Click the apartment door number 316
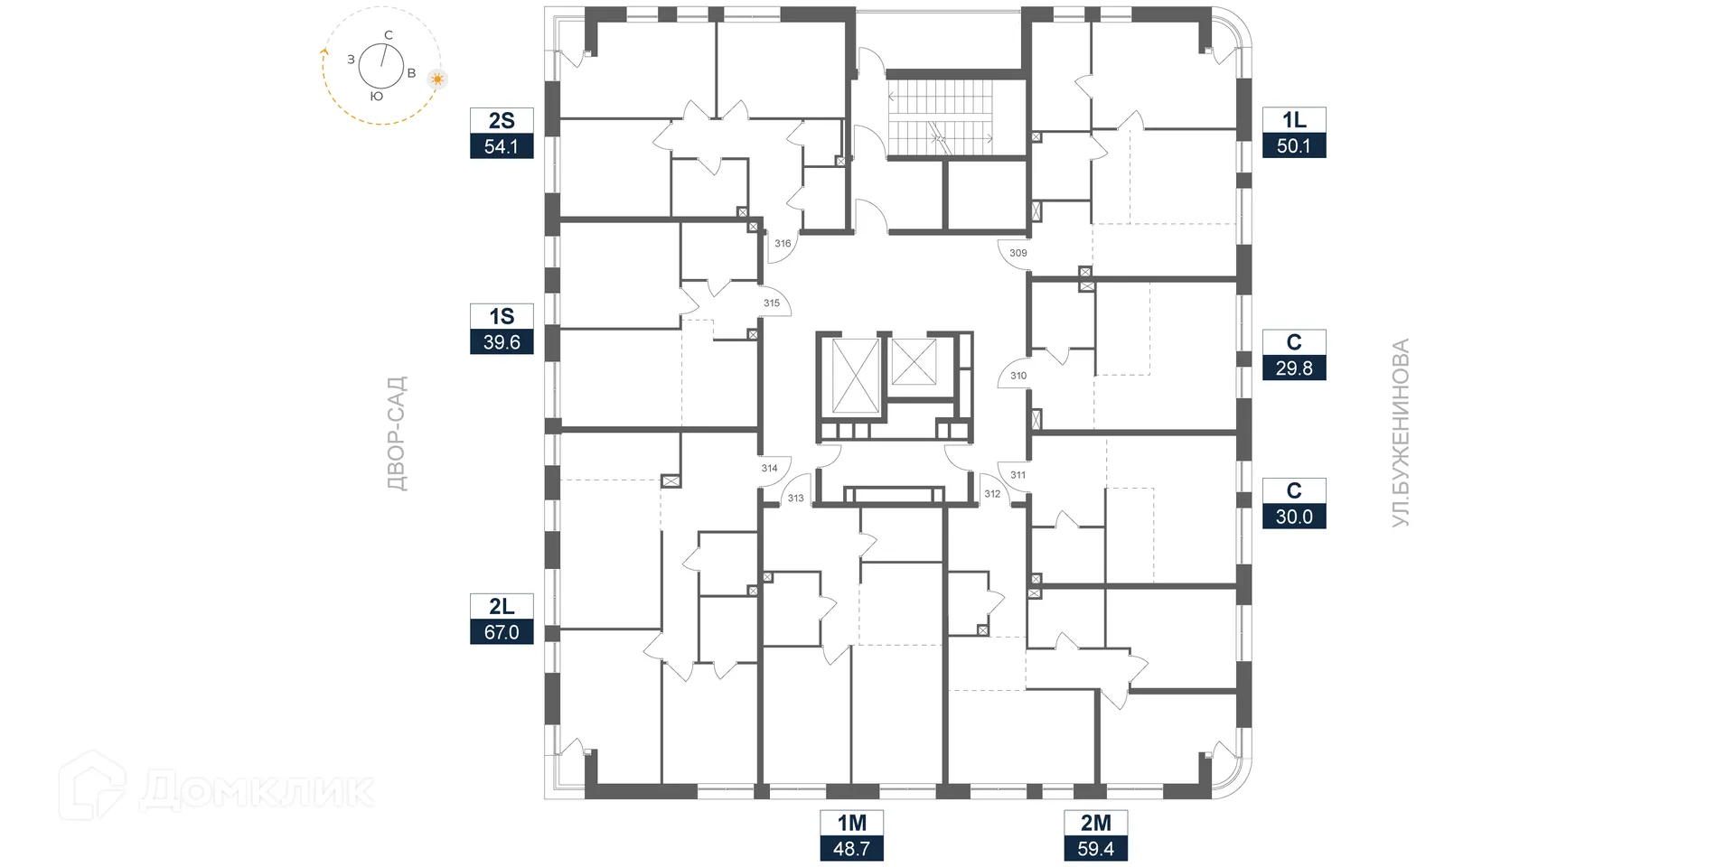tap(783, 244)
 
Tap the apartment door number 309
tap(1018, 253)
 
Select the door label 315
tap(771, 303)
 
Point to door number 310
tap(1018, 376)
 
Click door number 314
tap(769, 468)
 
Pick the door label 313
tap(795, 499)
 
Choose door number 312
tap(992, 494)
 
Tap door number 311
tap(1018, 475)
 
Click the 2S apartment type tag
tap(502, 121)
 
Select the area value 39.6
tap(502, 342)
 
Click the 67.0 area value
tap(502, 632)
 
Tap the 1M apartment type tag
tap(851, 823)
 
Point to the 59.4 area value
tap(1095, 849)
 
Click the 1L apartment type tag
tap(1294, 120)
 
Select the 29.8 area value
tap(1294, 368)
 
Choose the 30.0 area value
tap(1294, 517)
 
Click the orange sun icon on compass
tap(438, 79)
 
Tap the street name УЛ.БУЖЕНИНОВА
tap(1400, 433)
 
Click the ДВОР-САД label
tap(397, 433)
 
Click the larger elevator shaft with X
tap(854, 377)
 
